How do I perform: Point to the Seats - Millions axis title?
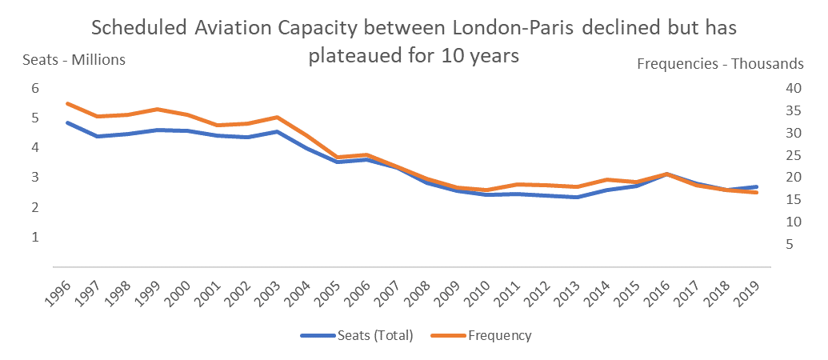[x=74, y=60]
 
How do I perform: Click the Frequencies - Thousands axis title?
[x=720, y=64]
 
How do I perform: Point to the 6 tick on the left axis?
[x=34, y=89]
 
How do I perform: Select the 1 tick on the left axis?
[x=34, y=238]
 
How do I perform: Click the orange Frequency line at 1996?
[x=67, y=103]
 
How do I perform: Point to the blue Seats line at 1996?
[x=67, y=122]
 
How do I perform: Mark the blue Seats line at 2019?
[x=756, y=187]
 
